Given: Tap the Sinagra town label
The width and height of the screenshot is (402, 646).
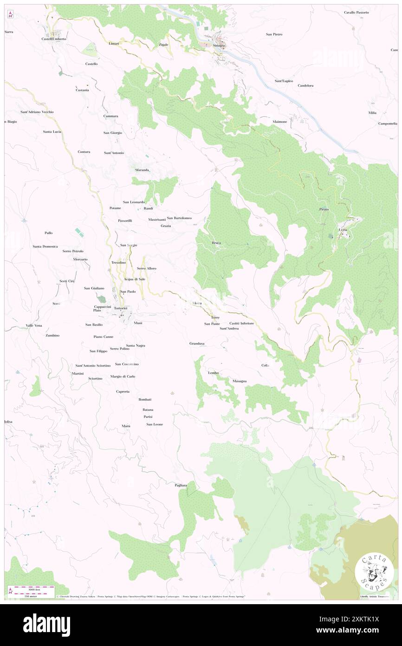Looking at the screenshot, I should [219, 46].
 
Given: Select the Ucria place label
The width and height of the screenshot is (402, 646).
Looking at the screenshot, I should [343, 230].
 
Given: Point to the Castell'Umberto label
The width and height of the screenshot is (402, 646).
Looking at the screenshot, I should [54, 39].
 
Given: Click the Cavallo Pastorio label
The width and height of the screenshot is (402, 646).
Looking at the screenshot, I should [356, 13].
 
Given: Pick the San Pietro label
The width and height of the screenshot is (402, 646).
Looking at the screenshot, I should [274, 34].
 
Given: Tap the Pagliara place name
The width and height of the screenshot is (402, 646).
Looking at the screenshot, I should [181, 485].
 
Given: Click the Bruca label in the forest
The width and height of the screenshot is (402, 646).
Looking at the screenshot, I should [216, 243].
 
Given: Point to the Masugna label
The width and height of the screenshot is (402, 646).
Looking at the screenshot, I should [240, 381].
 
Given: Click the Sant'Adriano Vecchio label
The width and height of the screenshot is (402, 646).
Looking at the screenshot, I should [37, 112].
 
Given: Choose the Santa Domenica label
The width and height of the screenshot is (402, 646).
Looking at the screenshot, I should [45, 246].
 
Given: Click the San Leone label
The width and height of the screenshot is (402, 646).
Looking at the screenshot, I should [155, 424].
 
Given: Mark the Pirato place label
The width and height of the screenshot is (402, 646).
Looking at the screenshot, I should [324, 210].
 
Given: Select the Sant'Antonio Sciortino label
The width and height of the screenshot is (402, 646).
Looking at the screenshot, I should [93, 366].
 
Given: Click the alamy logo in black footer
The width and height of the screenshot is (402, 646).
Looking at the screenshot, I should [46, 625].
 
